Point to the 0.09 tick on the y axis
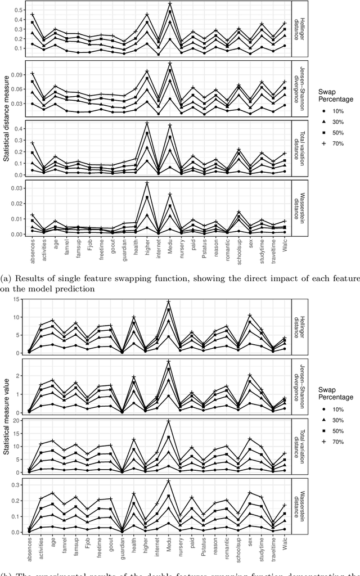18,74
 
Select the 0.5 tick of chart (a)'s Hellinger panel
18,10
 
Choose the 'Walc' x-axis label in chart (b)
284,549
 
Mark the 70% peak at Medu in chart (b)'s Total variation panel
169,421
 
